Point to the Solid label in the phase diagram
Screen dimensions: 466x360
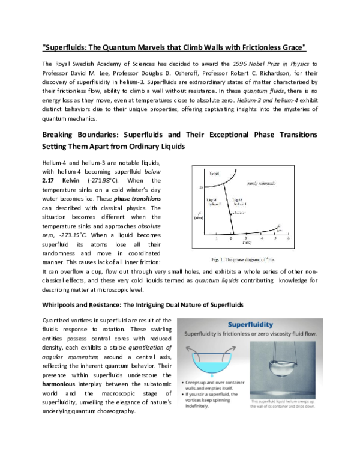tap(214, 174)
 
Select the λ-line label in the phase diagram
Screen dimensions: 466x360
tap(238, 213)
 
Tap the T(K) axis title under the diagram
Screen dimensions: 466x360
tap(246, 244)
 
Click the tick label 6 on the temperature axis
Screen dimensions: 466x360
tap(288, 239)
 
